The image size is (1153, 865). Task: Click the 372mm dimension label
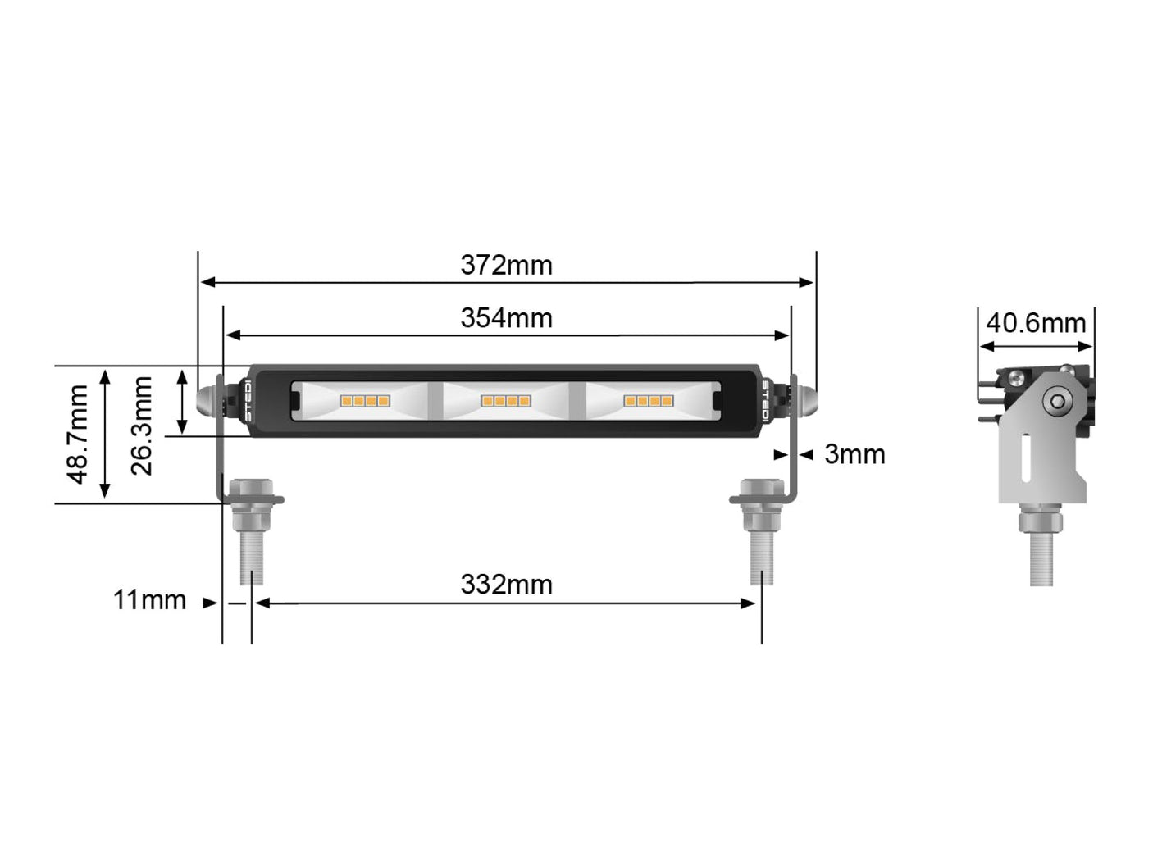[506, 266]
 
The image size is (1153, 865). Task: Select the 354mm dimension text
[506, 318]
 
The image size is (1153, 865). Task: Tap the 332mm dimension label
[506, 585]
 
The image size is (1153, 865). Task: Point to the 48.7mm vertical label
[78, 434]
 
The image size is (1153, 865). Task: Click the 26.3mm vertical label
[143, 426]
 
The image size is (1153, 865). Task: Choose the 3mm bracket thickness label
[854, 454]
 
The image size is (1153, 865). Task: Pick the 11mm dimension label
[149, 600]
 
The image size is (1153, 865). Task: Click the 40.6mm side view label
[1036, 323]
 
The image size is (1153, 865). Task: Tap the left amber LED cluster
[364, 401]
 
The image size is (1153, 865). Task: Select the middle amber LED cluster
[506, 401]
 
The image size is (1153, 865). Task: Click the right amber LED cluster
[649, 401]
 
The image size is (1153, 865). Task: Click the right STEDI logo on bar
[765, 402]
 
